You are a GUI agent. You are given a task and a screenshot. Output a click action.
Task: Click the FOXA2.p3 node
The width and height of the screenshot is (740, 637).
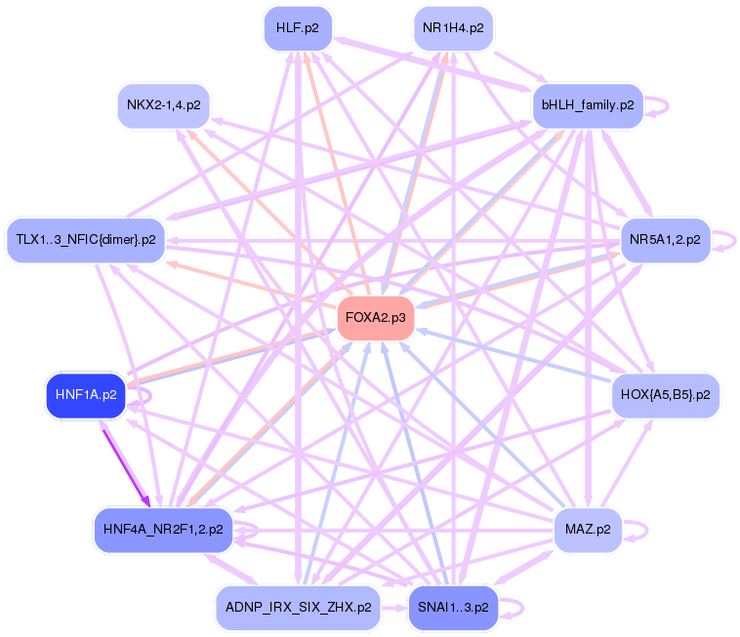click(376, 318)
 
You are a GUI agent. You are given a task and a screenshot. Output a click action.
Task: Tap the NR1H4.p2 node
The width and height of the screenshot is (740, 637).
click(453, 28)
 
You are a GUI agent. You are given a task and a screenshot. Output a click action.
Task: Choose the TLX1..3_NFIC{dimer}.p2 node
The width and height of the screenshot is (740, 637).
click(86, 240)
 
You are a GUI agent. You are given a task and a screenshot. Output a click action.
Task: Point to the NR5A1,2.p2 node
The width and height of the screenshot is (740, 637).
click(664, 239)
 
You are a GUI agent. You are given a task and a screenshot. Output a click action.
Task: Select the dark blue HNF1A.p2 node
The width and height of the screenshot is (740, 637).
click(86, 395)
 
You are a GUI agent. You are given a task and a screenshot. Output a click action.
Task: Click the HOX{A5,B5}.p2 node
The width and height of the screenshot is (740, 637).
click(665, 395)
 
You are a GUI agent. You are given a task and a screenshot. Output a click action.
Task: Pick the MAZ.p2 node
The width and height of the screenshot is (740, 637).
click(588, 530)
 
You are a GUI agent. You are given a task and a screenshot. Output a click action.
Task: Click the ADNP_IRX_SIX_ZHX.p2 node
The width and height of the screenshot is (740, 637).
click(297, 607)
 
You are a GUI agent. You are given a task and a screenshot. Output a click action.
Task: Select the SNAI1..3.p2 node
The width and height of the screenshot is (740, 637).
click(453, 607)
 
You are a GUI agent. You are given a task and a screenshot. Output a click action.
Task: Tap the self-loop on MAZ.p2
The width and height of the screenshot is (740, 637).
click(641, 530)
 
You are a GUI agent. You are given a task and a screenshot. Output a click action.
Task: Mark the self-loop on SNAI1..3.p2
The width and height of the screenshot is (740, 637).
click(518, 607)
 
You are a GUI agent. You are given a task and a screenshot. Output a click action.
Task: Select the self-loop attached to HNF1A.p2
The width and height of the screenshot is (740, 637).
click(144, 395)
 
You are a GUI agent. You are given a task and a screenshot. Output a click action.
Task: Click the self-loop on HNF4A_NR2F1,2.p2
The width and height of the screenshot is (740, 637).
click(251, 530)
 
